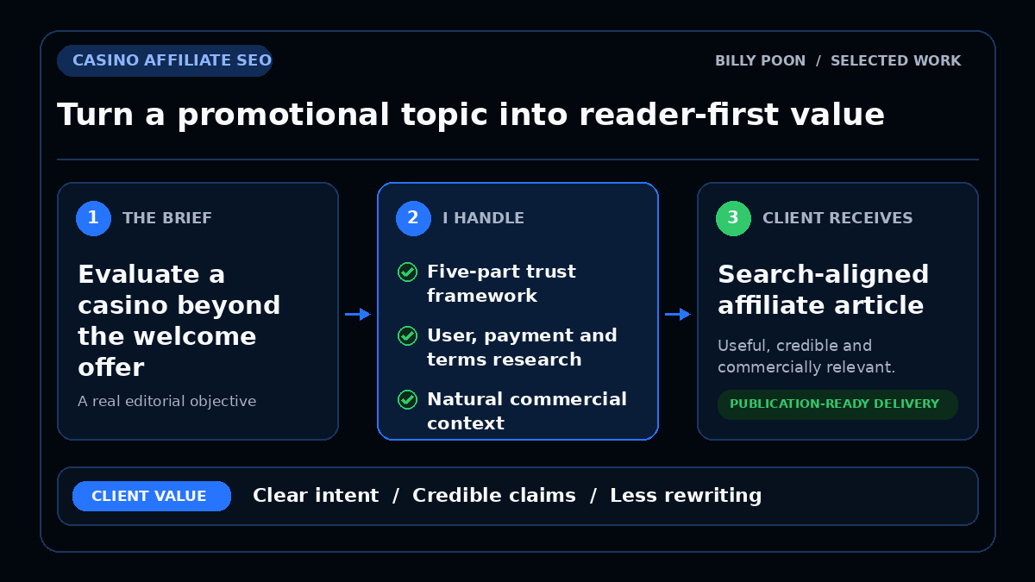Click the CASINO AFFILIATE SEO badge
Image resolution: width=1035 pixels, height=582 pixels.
click(165, 60)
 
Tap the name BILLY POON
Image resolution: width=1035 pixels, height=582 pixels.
click(760, 61)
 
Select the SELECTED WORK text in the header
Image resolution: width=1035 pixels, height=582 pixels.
click(895, 61)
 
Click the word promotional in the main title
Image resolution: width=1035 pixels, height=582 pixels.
click(283, 116)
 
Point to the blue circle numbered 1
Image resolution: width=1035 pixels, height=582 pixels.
click(93, 218)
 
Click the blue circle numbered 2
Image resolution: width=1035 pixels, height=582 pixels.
click(413, 218)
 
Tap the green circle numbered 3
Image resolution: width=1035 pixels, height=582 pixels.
click(733, 218)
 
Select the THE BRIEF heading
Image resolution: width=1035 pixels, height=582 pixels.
click(166, 218)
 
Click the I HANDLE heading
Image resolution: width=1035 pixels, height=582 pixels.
click(483, 218)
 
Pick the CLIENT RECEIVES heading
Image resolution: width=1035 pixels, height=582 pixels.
click(837, 218)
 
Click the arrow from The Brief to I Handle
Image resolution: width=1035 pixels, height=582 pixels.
click(358, 314)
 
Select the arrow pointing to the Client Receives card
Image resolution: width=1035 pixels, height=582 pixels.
click(678, 314)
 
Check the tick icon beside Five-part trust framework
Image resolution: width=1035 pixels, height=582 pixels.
click(407, 272)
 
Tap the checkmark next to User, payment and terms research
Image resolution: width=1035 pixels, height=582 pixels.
click(407, 335)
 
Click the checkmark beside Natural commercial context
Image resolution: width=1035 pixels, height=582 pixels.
click(407, 399)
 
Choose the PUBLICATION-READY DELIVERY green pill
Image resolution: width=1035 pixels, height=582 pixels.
click(837, 404)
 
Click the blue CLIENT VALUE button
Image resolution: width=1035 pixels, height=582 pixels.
click(152, 496)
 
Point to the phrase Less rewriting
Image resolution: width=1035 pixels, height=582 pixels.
click(686, 496)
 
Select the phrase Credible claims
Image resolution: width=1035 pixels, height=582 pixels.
click(494, 496)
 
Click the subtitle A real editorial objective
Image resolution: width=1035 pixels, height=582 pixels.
click(166, 402)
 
